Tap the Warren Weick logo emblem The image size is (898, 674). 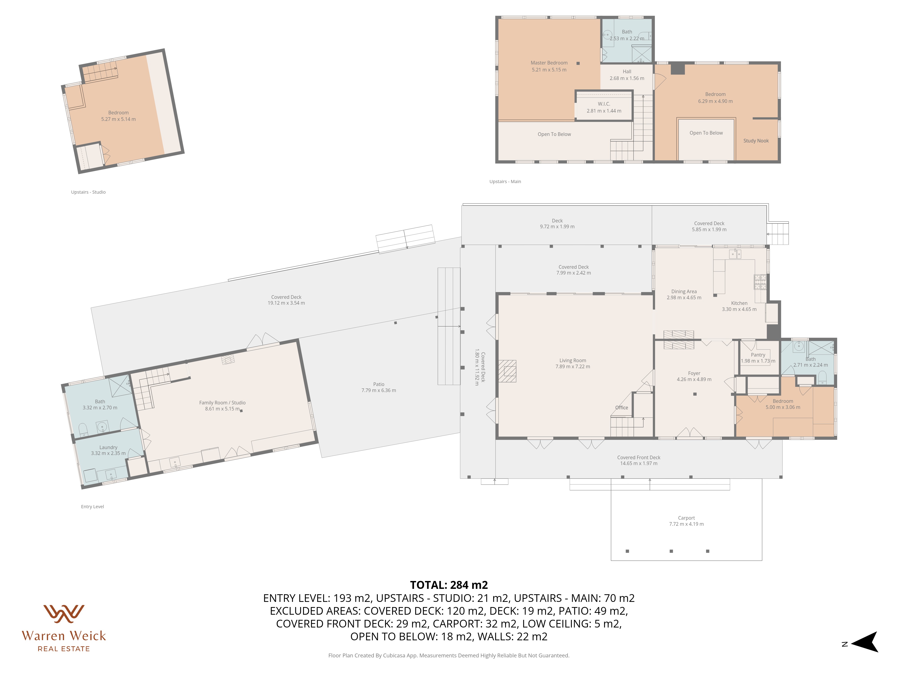(64, 614)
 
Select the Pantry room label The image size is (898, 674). (758, 355)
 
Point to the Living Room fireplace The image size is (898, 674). (507, 371)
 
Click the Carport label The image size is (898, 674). (687, 518)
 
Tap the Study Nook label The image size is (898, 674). (756, 141)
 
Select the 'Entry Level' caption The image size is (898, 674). (92, 507)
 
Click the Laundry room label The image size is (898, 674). (108, 447)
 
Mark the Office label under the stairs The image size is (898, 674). (622, 408)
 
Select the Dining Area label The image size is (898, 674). (684, 292)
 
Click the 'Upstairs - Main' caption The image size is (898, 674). (505, 182)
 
